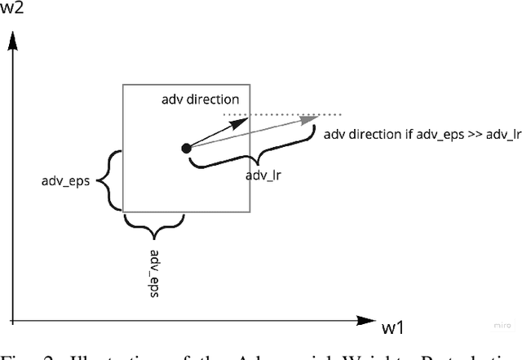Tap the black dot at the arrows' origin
pos(186,148)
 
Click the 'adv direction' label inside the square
pos(200,98)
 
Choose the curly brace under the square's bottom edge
pos(153,223)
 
